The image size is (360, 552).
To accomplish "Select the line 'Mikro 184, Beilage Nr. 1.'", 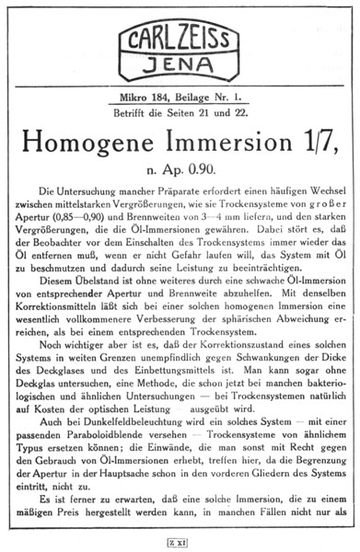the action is [x=180, y=95].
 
